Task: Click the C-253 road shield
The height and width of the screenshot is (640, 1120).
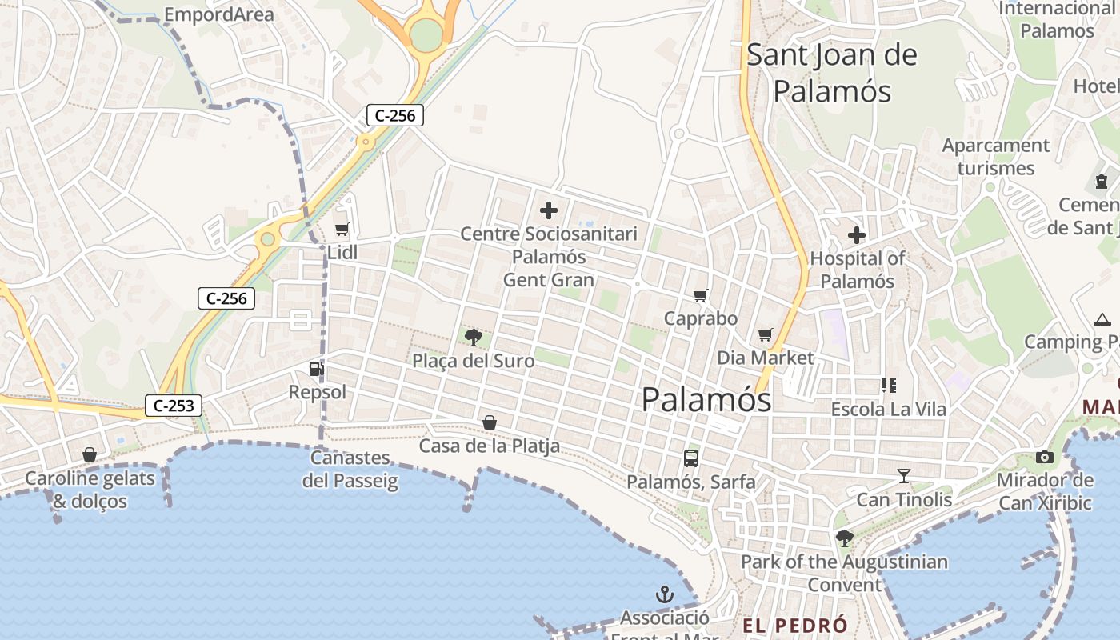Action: [173, 406]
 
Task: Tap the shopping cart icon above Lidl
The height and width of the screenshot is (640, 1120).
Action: [342, 230]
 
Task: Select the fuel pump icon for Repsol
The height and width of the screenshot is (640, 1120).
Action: [317, 369]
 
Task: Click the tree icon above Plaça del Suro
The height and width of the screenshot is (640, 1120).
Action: [473, 337]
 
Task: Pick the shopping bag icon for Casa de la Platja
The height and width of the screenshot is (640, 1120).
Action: [490, 422]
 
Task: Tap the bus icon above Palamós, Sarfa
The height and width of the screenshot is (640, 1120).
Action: [691, 458]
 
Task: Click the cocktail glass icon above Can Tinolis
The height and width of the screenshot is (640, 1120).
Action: [904, 476]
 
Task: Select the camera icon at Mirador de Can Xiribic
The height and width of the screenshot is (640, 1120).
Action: [1044, 457]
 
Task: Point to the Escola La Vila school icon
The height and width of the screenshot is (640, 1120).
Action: [888, 386]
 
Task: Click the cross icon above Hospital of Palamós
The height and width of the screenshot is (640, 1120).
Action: [857, 235]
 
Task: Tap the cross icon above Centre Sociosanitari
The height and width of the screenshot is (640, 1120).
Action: [549, 210]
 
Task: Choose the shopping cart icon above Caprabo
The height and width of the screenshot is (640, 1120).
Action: [701, 295]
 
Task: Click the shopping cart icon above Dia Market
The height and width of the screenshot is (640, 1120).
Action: [766, 334]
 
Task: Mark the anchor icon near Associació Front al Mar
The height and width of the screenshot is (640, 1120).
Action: [664, 594]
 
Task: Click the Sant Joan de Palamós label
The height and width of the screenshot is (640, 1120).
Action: [832, 73]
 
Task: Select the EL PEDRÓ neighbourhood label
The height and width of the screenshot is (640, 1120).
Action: [794, 626]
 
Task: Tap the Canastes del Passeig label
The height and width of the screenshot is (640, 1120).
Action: [350, 470]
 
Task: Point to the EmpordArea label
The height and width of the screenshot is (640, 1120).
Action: [218, 14]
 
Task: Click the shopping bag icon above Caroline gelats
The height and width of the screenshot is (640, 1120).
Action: [90, 454]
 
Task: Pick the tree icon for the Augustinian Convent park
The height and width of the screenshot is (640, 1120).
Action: [844, 538]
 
